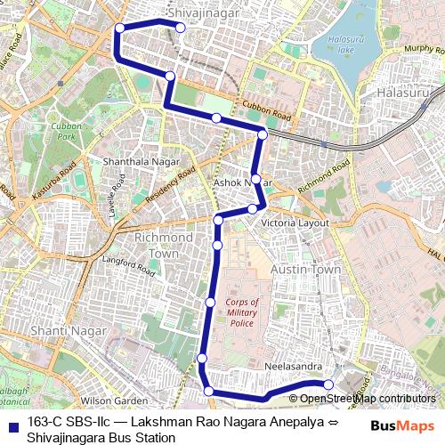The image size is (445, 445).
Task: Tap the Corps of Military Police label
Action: [x=242, y=312]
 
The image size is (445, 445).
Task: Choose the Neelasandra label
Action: [x=292, y=366]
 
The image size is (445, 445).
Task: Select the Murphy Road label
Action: [x=423, y=49]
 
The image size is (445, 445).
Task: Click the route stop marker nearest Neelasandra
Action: [x=328, y=384]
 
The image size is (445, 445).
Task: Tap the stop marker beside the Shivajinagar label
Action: [x=180, y=28]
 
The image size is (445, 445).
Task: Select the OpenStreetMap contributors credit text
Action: [x=368, y=399]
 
